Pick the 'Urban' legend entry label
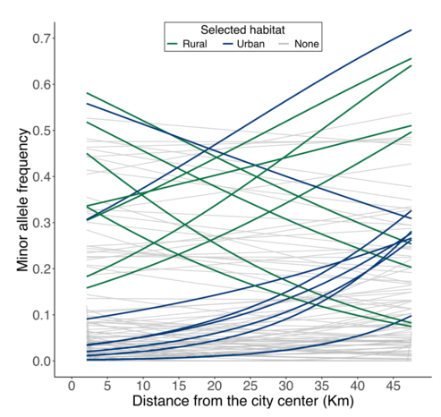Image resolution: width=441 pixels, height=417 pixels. click(259, 43)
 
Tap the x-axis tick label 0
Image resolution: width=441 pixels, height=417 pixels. click(71, 385)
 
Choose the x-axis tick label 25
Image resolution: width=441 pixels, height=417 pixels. click(250, 385)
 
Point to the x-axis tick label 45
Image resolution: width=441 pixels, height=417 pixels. click(393, 385)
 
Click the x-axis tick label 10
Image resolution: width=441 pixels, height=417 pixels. click(142, 385)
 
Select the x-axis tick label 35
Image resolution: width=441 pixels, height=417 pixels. click(321, 385)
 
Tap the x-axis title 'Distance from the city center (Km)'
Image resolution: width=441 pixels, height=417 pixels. click(241, 403)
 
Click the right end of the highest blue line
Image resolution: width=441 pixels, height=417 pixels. click(411, 30)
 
